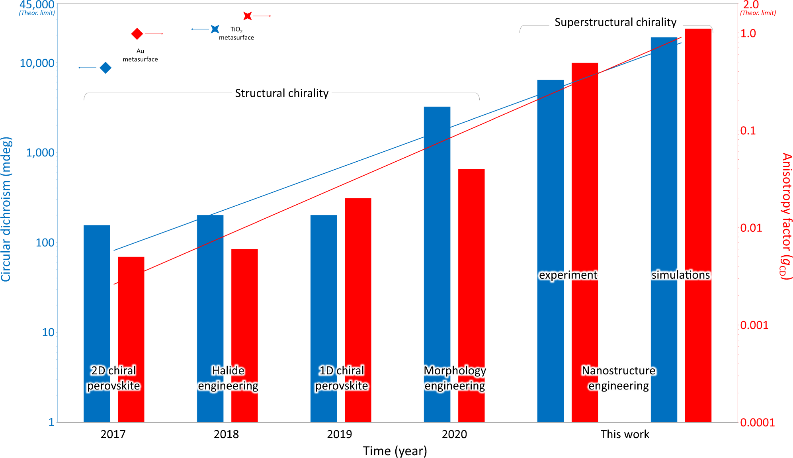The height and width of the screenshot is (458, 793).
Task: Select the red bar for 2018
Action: [x=244, y=319]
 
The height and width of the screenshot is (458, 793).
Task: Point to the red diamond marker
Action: [x=137, y=34]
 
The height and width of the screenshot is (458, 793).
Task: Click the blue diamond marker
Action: [x=105, y=68]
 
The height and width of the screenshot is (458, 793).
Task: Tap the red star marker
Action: [x=248, y=16]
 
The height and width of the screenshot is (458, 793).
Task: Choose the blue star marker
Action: [x=215, y=29]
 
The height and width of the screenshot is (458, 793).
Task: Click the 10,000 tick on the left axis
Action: [x=37, y=63]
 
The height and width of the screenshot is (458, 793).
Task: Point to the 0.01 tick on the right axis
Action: [x=751, y=228]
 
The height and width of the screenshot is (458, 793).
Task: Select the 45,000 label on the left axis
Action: [x=37, y=5]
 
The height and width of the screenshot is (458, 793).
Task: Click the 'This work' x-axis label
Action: [x=625, y=434]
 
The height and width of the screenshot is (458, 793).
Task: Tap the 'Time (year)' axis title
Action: [x=395, y=451]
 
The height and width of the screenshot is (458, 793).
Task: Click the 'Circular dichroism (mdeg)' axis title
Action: [x=6, y=209]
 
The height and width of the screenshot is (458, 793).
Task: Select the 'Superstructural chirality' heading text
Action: [x=615, y=22]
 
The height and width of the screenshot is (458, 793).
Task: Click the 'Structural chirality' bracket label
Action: [x=281, y=93]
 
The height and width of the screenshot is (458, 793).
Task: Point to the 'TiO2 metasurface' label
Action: [x=236, y=33]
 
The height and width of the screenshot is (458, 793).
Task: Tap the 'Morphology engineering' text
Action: [x=455, y=378]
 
